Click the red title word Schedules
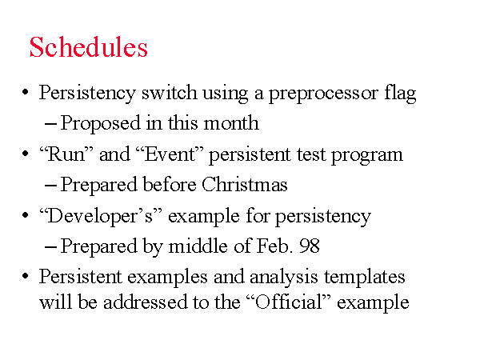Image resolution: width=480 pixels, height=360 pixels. [89, 47]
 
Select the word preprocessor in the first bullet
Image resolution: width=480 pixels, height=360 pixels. [323, 94]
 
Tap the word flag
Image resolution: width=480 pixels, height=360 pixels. [400, 93]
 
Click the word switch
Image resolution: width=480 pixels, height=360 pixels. [170, 92]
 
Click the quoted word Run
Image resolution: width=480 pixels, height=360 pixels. [66, 154]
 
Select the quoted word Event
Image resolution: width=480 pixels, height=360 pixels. [170, 154]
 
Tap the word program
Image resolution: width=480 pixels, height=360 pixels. [367, 155]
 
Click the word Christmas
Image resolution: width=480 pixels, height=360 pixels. [245, 184]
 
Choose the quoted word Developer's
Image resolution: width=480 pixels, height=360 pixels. [101, 217]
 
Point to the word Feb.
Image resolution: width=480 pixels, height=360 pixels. [273, 246]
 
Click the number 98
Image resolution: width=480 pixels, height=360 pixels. [310, 246]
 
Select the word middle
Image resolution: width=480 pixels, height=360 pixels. [198, 246]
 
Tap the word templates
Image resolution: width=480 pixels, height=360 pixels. [365, 278]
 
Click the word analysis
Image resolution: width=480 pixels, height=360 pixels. [283, 278]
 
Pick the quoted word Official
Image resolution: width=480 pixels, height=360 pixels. [289, 302]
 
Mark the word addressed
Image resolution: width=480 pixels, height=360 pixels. [145, 302]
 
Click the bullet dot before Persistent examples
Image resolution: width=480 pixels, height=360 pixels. [26, 276]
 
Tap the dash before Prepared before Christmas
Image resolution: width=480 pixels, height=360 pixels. [50, 186]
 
